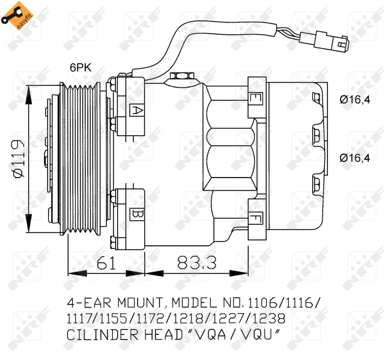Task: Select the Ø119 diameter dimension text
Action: pos(18,159)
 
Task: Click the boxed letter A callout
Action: pos(136,110)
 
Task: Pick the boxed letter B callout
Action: pos(136,213)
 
